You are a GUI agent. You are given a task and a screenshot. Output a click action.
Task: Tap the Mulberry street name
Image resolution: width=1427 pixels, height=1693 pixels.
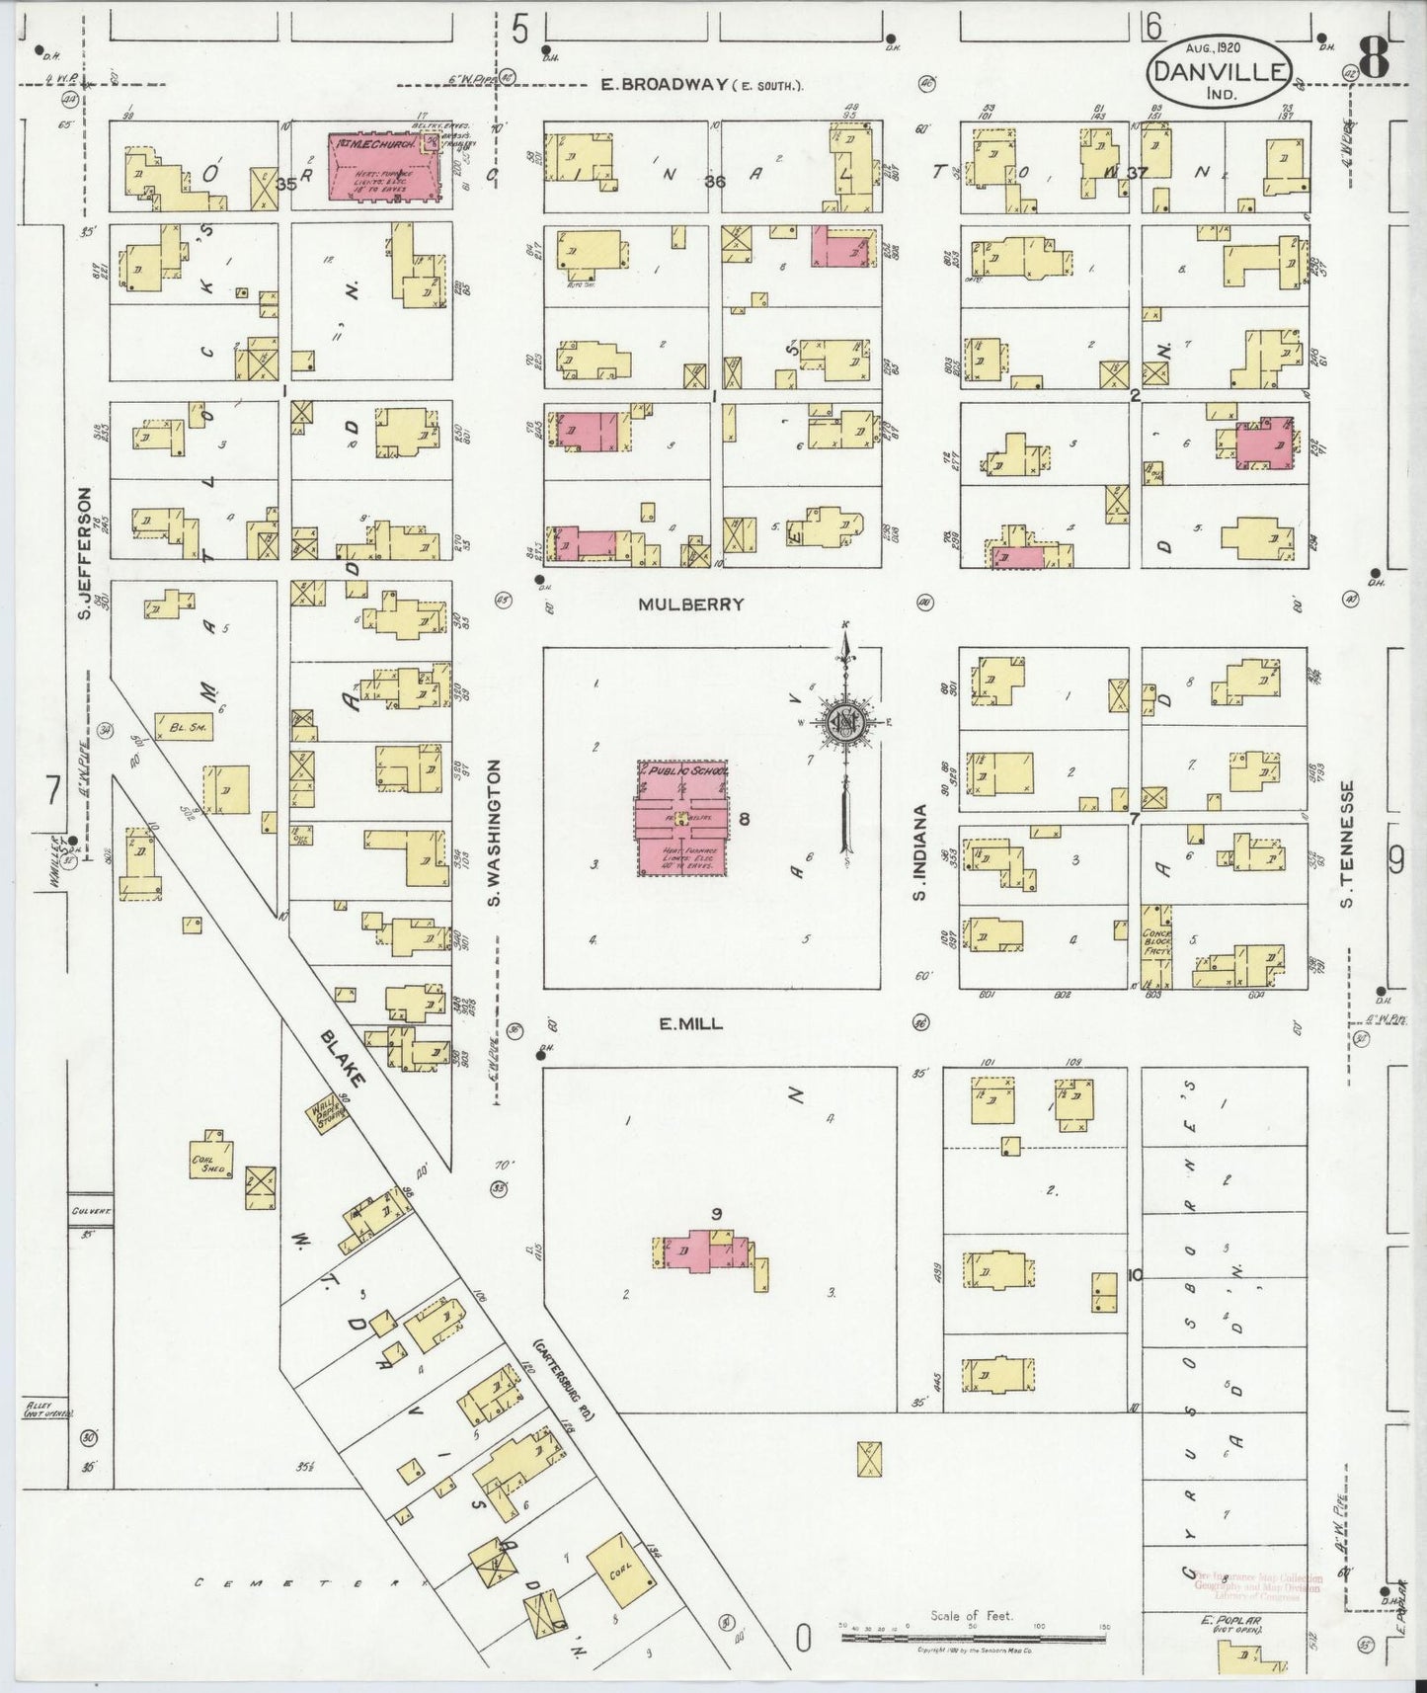690,605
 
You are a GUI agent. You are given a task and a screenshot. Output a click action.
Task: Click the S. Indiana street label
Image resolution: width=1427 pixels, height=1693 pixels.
919,852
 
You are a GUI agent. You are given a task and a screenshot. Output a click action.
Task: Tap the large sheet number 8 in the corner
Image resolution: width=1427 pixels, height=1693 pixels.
1374,59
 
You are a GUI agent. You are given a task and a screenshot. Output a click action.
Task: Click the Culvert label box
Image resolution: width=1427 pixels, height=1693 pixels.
87,1210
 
